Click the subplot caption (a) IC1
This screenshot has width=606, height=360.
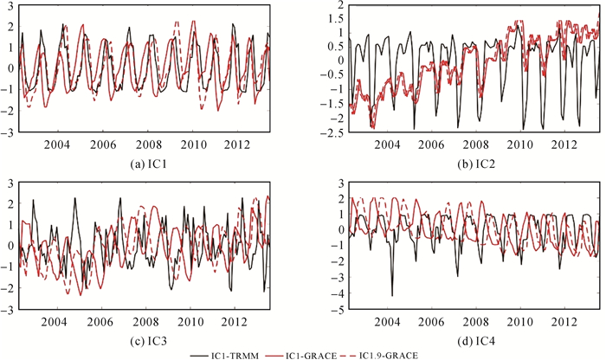click(x=146, y=160)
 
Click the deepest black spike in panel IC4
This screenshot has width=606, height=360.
click(x=392, y=295)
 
